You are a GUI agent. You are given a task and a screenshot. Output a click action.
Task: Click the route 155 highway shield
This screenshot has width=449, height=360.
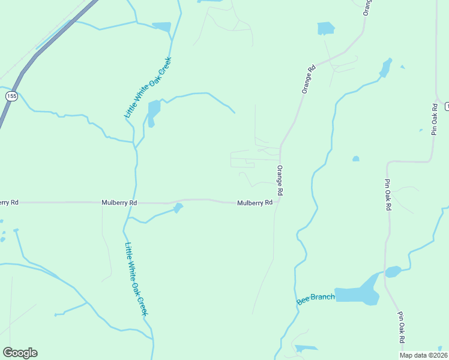point(11,96)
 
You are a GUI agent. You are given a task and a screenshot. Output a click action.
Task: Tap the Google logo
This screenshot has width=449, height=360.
point(20,353)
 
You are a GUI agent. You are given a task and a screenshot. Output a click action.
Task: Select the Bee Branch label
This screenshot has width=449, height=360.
point(316,298)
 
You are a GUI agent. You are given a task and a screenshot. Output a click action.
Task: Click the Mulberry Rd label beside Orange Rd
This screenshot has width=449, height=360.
point(255,203)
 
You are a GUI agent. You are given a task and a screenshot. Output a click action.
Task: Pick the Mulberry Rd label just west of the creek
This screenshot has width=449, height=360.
point(119,203)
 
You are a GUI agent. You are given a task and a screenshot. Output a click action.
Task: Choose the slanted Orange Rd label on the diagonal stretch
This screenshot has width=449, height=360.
point(309,79)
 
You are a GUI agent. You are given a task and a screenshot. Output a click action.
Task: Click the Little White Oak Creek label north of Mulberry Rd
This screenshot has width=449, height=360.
point(148,88)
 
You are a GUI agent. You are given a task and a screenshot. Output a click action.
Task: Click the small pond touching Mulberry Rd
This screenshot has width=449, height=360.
point(178,208)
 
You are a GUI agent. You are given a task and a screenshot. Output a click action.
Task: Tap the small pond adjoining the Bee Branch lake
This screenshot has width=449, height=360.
point(393,271)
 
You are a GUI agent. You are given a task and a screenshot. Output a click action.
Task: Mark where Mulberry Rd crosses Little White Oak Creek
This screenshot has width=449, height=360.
point(136,203)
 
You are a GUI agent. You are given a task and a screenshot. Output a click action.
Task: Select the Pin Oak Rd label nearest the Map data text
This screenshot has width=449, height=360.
point(400,327)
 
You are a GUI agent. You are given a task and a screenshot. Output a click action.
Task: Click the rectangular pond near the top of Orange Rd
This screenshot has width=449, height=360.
point(325,28)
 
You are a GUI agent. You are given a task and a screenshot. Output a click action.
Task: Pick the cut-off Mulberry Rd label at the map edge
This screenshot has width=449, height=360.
point(8,203)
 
